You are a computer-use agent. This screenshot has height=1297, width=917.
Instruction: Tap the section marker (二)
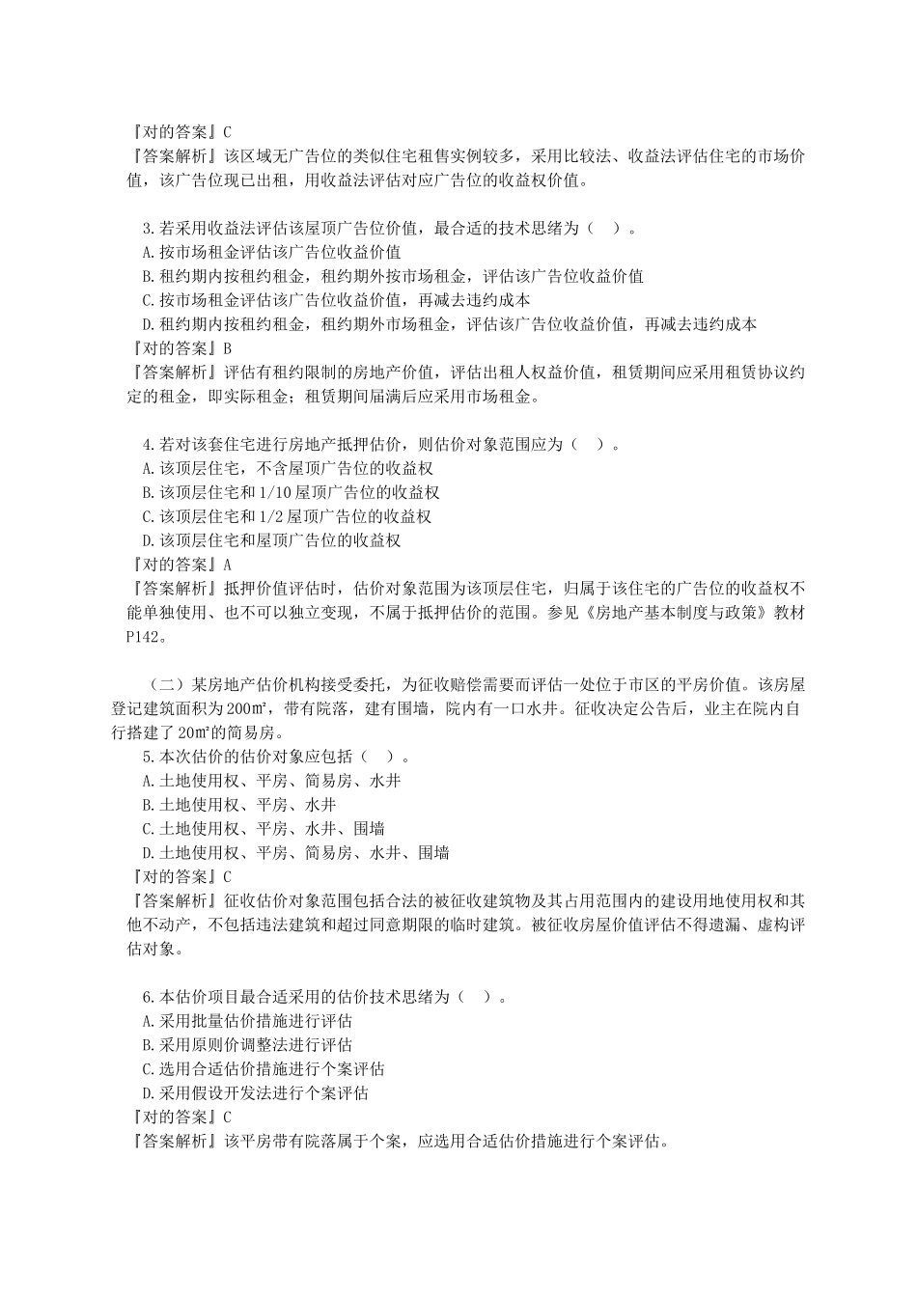[162, 685]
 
